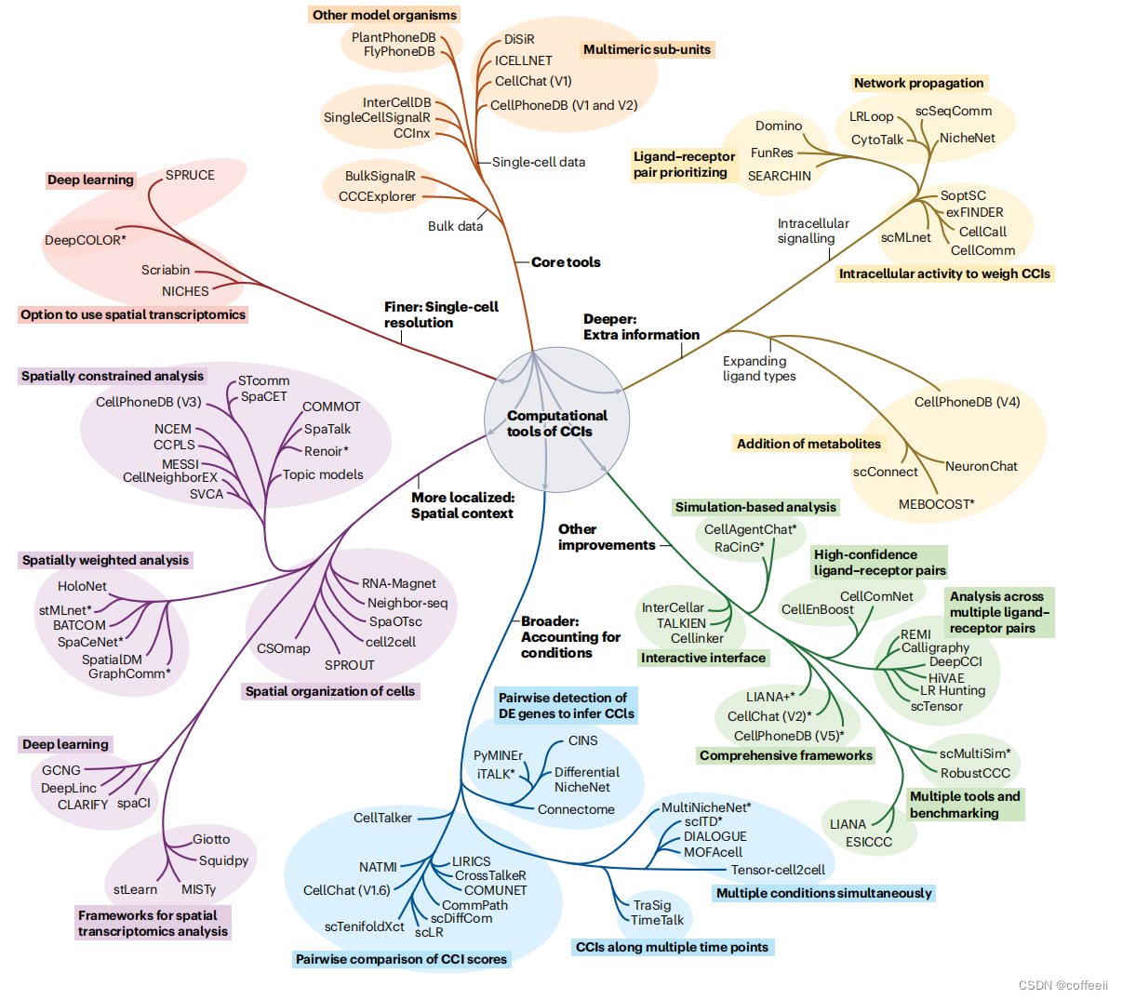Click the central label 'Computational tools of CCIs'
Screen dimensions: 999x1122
(556, 423)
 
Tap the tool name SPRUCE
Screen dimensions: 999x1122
(190, 175)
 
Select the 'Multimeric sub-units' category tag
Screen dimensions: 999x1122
(647, 49)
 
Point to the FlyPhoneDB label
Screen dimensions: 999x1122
(399, 51)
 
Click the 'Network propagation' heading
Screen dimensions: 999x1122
(918, 83)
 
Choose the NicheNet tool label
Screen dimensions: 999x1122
(967, 138)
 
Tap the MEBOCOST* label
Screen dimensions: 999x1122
(936, 504)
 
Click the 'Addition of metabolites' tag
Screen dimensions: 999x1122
(808, 444)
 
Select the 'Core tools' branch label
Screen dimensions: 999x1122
(566, 262)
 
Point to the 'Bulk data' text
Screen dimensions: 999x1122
(455, 226)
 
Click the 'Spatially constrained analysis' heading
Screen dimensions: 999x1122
(113, 376)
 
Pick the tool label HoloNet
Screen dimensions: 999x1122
(82, 586)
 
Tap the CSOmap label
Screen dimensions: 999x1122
(284, 648)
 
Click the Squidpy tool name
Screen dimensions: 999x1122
(223, 860)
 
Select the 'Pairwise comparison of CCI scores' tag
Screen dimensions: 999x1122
(401, 959)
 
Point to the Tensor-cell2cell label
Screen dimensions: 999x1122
(778, 870)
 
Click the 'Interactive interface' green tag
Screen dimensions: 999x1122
(703, 658)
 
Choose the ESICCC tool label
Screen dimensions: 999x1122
(868, 842)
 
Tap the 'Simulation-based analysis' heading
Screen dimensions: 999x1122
(755, 507)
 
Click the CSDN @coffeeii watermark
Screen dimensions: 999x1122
(1062, 985)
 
